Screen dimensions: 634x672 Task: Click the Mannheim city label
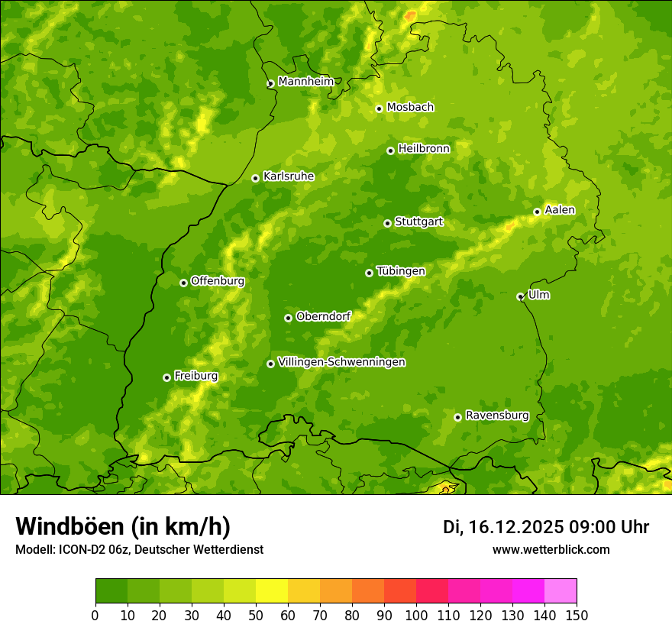(305, 82)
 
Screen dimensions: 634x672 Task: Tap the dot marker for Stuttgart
(387, 223)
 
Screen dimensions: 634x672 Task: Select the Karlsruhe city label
(288, 176)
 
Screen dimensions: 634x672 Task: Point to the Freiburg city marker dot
(166, 377)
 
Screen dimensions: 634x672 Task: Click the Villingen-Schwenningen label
(341, 362)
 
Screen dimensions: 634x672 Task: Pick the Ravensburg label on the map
(496, 416)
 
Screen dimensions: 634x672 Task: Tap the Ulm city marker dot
(520, 296)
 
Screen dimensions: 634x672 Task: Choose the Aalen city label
(560, 210)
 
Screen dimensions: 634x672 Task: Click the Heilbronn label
(424, 149)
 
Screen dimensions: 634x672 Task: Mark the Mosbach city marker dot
(379, 108)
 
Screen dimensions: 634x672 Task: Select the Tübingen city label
(401, 271)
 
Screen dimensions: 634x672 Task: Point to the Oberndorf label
(323, 316)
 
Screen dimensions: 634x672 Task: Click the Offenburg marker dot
(183, 283)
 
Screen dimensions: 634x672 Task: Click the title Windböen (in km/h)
(122, 526)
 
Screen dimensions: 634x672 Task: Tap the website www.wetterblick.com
(551, 549)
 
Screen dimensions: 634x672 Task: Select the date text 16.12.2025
(516, 527)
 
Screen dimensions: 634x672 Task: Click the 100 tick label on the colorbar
(416, 615)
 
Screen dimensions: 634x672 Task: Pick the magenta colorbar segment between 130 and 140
(528, 590)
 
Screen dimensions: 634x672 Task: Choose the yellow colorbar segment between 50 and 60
(272, 590)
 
